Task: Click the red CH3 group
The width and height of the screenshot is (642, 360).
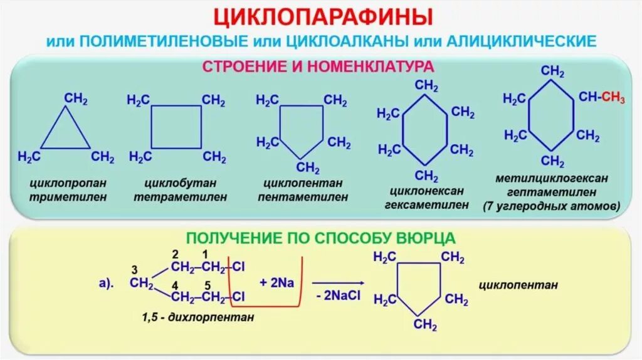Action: tap(614, 97)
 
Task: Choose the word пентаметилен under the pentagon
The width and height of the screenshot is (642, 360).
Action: tap(303, 196)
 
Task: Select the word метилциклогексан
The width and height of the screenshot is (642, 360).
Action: tap(552, 179)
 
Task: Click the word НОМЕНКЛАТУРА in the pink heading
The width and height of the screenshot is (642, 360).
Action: tap(365, 66)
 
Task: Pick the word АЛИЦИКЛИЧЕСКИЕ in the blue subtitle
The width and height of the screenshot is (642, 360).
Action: tap(521, 42)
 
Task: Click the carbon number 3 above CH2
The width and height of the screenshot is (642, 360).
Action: tap(134, 270)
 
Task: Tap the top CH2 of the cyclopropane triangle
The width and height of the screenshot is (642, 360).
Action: tap(76, 99)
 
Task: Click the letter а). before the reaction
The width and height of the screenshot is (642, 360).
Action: tap(105, 283)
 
